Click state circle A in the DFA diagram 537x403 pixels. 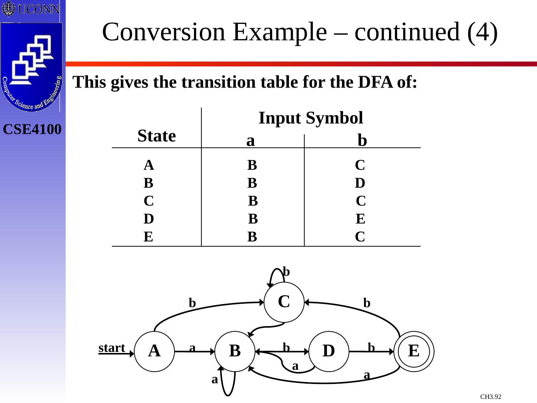[x=154, y=351]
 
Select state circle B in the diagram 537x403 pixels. [x=235, y=351]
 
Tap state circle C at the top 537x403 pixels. [x=284, y=302]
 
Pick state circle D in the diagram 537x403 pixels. [x=329, y=351]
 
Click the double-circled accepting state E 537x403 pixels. [x=414, y=351]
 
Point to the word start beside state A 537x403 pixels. [x=112, y=348]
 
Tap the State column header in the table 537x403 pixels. [x=157, y=136]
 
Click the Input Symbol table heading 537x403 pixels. [x=311, y=118]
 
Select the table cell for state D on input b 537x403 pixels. [x=360, y=219]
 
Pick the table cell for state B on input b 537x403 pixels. [x=360, y=183]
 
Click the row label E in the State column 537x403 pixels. [x=148, y=237]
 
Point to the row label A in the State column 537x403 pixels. [x=148, y=165]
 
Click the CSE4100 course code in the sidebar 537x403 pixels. [x=32, y=129]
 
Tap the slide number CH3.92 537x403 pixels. [x=491, y=397]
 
